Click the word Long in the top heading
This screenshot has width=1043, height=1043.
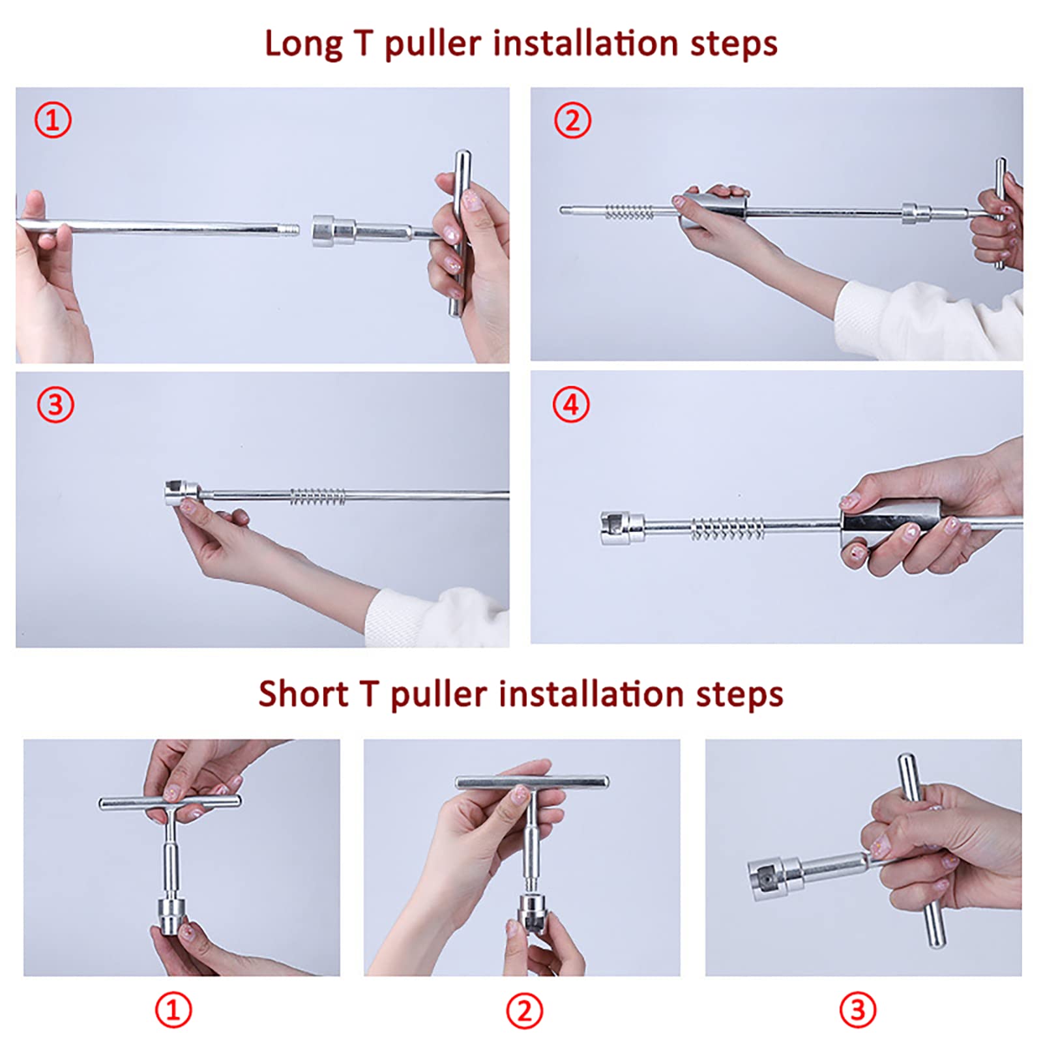coord(303,44)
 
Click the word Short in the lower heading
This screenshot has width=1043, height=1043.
coord(303,694)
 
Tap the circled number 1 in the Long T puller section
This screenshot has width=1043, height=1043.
coord(53,121)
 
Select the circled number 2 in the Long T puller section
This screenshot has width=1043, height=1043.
coord(572,121)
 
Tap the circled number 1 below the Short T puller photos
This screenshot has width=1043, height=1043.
coord(173,1010)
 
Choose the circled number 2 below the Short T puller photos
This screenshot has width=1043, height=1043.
coord(525,1010)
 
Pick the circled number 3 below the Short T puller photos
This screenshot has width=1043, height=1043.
coord(858,1010)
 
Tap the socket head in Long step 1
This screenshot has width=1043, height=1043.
coord(333,230)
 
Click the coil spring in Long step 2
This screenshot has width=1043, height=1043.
coord(629,211)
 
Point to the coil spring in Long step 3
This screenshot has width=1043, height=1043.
coord(317,496)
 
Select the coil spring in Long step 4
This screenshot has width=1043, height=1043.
coord(727,527)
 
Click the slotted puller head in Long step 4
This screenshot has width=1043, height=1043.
coord(622,527)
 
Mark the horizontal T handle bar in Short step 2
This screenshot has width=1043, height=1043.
coord(532,781)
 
